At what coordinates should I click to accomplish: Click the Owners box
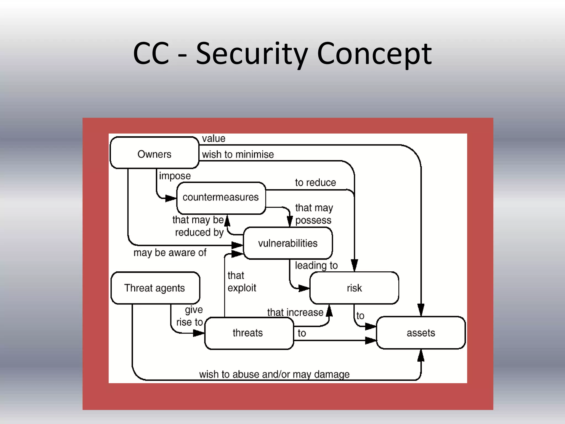(154, 153)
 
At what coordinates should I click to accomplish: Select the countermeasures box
(221, 198)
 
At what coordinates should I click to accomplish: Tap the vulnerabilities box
(288, 243)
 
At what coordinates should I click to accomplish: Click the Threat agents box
(155, 288)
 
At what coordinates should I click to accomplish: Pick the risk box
(354, 288)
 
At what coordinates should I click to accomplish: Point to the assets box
(421, 333)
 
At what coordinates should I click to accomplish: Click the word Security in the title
(252, 54)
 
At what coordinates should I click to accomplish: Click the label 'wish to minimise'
(238, 154)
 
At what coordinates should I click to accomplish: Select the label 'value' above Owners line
(214, 138)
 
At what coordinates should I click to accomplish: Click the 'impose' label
(175, 176)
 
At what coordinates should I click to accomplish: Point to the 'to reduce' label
(315, 182)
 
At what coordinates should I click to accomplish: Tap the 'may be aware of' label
(170, 253)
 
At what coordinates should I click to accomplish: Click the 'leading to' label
(316, 265)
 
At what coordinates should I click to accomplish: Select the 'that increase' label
(295, 312)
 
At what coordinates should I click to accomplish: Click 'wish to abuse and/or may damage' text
(274, 374)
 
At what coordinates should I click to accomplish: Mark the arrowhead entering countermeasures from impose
(171, 198)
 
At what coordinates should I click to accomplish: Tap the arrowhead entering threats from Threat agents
(199, 333)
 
